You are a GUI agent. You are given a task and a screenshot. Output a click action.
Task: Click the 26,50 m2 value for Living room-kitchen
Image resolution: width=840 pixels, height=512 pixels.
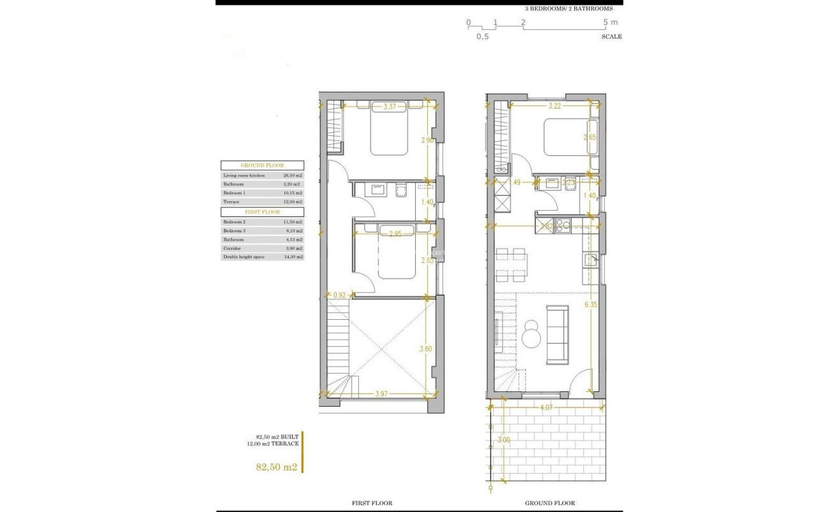293,175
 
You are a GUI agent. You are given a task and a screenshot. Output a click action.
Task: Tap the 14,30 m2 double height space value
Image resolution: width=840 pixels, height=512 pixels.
293,257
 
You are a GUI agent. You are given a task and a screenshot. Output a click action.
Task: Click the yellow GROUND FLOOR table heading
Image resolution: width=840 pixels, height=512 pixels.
262,165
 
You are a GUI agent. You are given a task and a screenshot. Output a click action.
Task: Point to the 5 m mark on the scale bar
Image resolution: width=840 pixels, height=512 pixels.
611,22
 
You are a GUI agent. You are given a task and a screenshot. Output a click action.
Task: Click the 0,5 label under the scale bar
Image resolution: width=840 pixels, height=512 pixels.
482,37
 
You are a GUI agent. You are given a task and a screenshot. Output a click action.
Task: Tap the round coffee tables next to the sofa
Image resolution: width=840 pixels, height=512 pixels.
530,333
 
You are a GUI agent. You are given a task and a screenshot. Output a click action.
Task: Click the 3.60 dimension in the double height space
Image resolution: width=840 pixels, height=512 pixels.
425,349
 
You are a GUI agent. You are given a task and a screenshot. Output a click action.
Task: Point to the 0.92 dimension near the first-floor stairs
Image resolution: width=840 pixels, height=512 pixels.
339,295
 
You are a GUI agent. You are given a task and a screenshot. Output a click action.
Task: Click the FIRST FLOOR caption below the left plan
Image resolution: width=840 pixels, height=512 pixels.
372,503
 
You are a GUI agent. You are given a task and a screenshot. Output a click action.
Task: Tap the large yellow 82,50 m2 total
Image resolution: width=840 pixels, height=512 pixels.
277,467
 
